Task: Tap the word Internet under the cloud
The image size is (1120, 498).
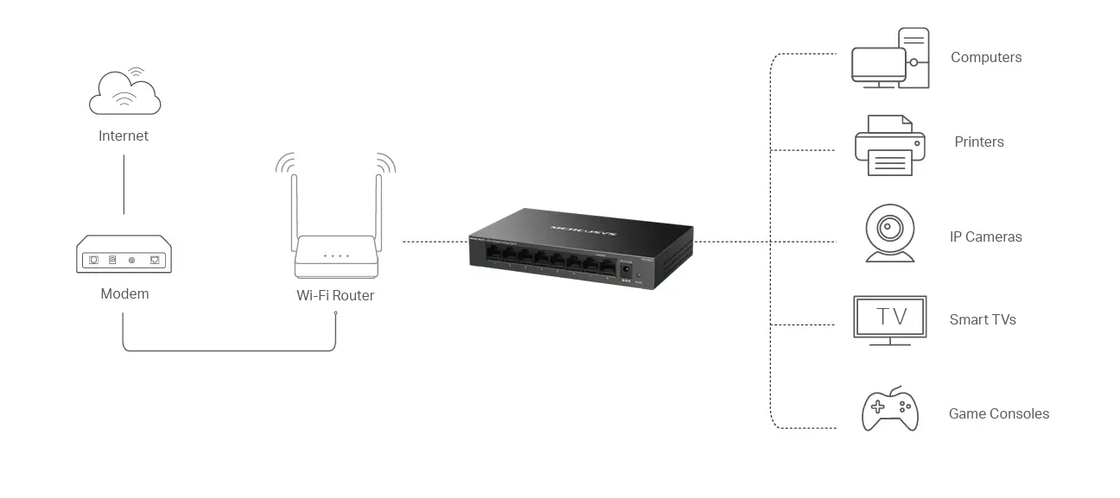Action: click(x=124, y=136)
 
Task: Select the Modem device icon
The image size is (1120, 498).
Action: click(x=124, y=255)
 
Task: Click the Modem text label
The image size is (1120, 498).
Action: click(x=124, y=293)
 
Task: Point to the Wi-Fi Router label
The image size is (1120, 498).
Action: click(x=335, y=295)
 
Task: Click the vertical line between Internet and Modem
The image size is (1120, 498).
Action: click(x=124, y=185)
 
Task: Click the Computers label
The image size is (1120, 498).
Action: click(x=986, y=58)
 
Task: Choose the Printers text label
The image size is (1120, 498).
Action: click(x=979, y=142)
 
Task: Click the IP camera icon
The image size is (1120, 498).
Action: click(x=889, y=232)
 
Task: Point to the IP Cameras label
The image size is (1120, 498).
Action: click(x=985, y=236)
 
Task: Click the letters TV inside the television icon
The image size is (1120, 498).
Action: click(x=890, y=317)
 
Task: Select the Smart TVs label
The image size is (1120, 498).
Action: click(x=983, y=319)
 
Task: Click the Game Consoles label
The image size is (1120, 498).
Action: click(x=999, y=413)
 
